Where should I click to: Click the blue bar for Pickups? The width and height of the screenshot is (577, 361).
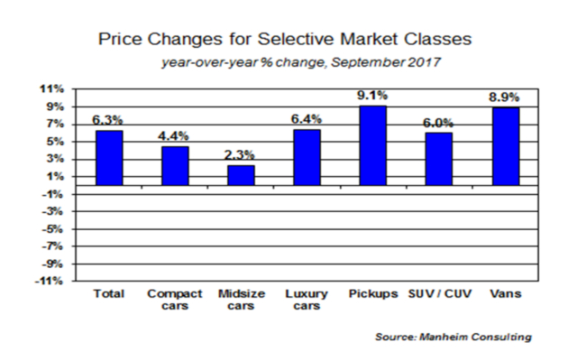[373, 145]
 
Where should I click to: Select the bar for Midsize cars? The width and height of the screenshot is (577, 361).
[241, 175]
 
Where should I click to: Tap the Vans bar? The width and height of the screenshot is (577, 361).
[506, 146]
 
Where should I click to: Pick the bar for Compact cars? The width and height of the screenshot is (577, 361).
[175, 166]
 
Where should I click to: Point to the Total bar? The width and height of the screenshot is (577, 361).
[109, 158]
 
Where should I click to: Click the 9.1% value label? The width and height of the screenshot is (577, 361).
[372, 96]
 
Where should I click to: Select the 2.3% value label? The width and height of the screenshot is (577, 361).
[240, 154]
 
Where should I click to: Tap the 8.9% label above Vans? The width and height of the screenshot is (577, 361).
[504, 97]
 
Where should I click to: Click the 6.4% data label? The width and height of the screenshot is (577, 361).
[307, 119]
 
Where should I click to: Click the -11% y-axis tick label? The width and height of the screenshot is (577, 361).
[50, 281]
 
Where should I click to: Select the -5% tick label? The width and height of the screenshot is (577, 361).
[52, 228]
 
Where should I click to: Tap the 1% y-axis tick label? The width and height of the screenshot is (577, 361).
[55, 177]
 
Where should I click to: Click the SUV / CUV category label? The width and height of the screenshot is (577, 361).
[440, 293]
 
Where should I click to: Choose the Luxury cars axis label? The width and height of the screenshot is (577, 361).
[307, 300]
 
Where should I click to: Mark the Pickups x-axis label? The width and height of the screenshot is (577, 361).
[373, 294]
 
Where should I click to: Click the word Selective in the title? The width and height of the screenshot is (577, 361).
[297, 39]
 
